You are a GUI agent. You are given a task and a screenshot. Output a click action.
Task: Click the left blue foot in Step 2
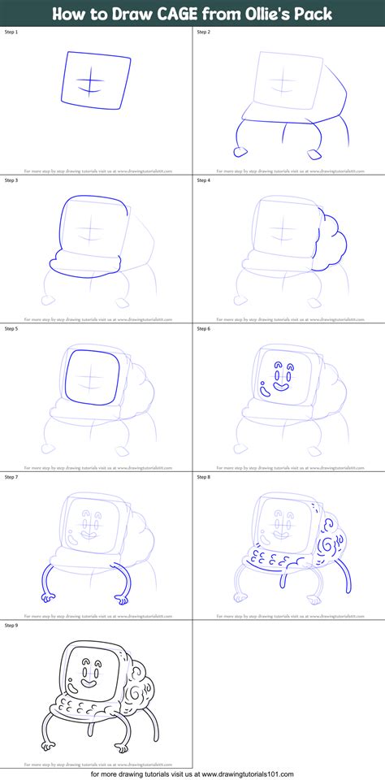click(x=240, y=150)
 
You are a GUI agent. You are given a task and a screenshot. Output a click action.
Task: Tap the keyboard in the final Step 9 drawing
click(x=75, y=707)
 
